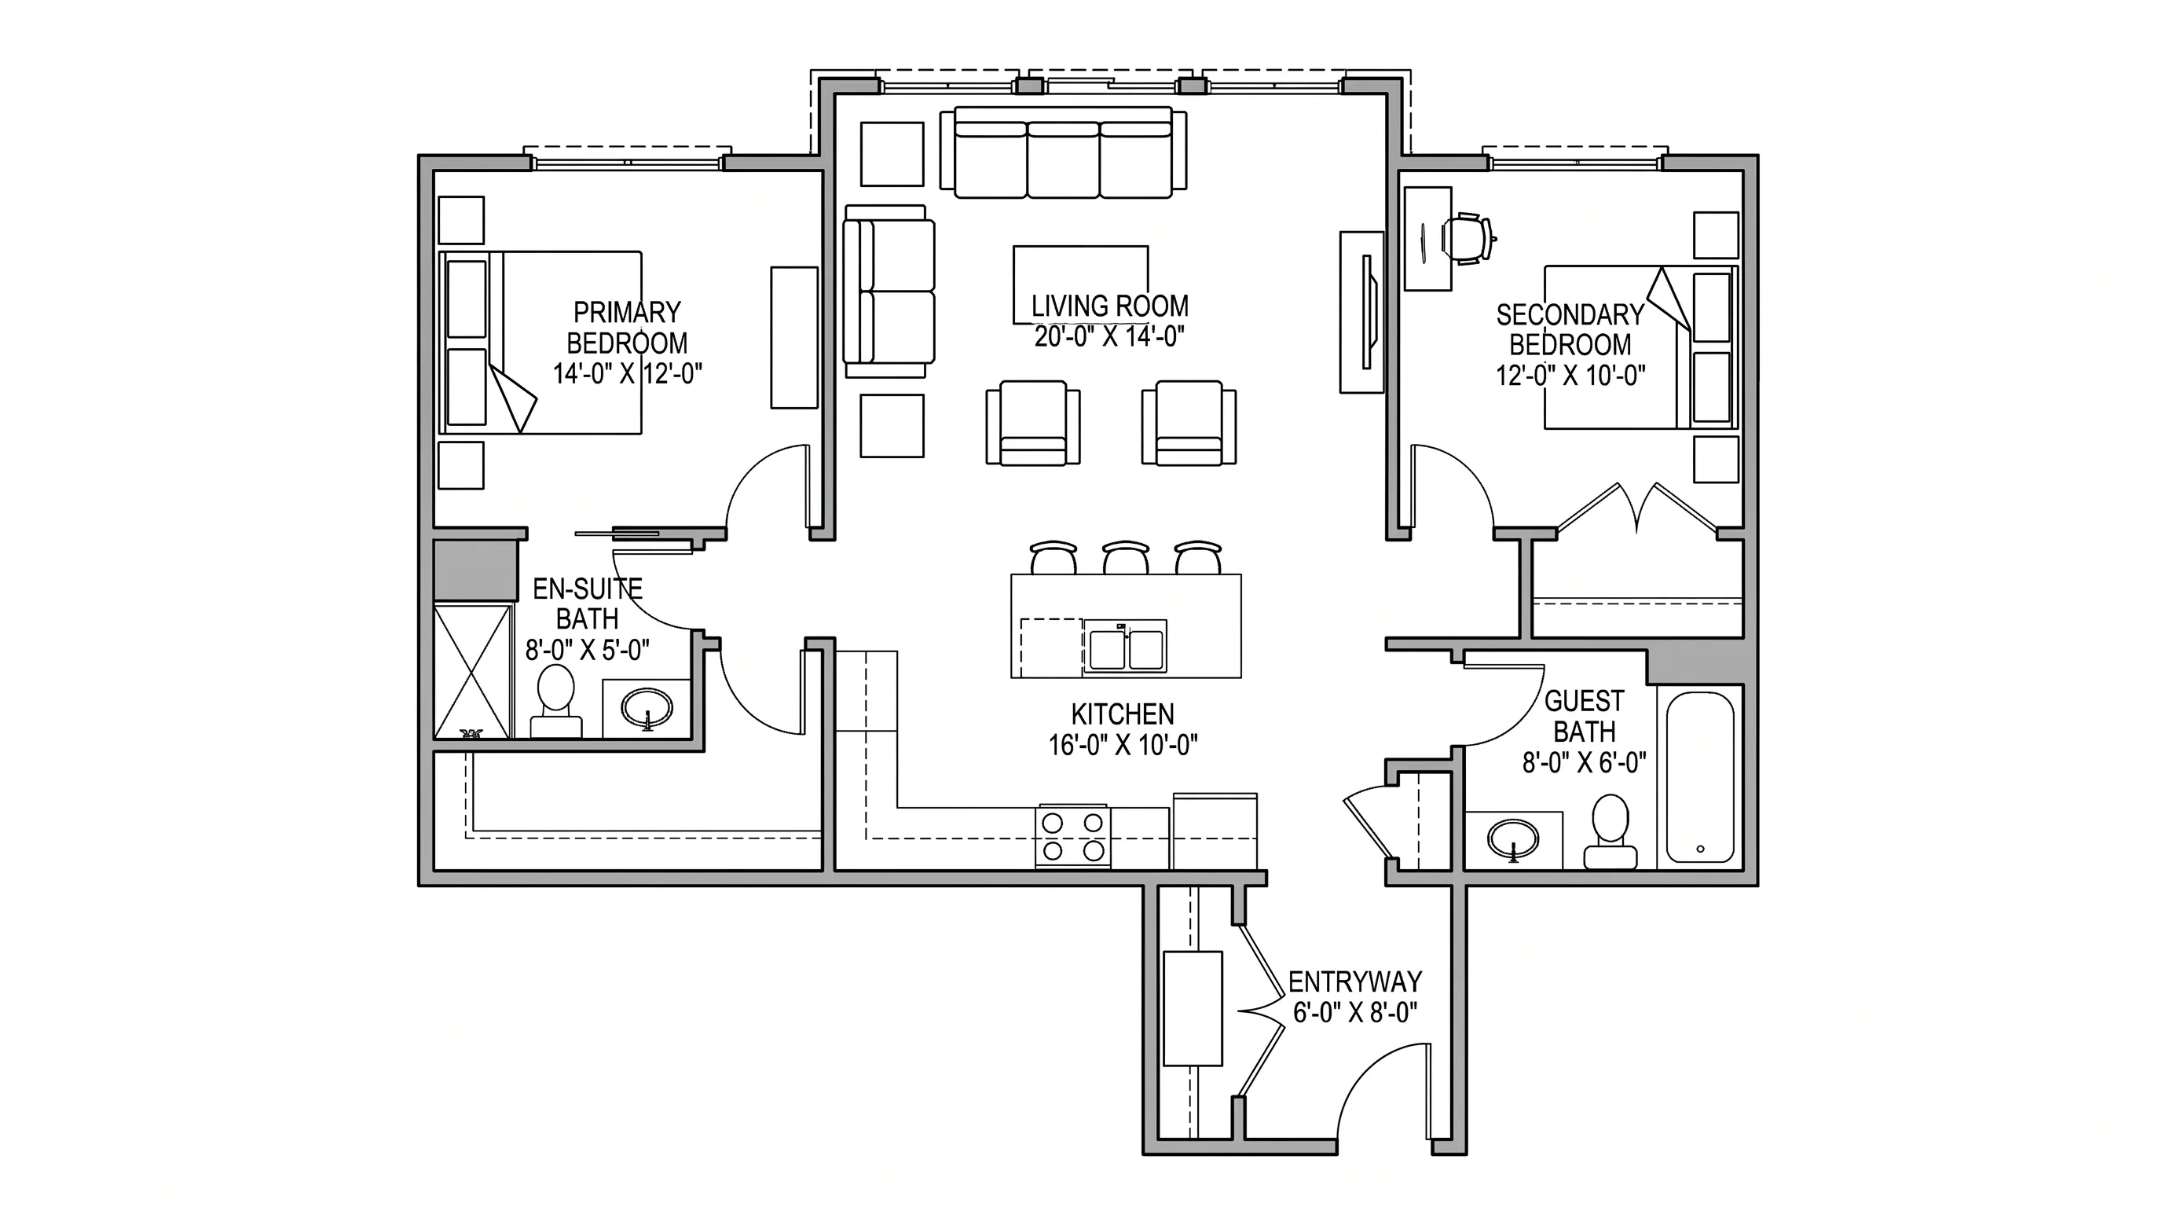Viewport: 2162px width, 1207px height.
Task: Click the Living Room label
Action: coord(1109,306)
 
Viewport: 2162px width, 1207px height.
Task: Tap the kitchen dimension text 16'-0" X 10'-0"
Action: coord(1123,744)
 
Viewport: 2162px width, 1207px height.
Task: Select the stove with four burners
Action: coord(1073,837)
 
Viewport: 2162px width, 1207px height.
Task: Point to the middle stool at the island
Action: coord(1126,557)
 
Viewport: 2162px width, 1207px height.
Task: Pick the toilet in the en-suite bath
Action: coord(555,702)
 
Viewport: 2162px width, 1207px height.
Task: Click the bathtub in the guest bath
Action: coord(1700,777)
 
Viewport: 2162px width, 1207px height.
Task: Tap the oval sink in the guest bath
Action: coord(1512,838)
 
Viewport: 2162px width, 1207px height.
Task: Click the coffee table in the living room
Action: coord(1080,273)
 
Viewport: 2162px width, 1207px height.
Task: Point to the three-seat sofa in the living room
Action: coord(1064,152)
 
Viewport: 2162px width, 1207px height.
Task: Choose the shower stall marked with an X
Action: coord(472,672)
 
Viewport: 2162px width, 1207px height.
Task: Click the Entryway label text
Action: coord(1355,982)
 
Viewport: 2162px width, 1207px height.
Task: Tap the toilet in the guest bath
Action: coord(1611,832)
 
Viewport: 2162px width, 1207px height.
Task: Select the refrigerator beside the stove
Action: coord(1215,831)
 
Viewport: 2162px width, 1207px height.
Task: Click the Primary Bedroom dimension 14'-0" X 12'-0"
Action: coord(627,373)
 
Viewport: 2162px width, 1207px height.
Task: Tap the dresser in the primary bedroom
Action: coord(794,337)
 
